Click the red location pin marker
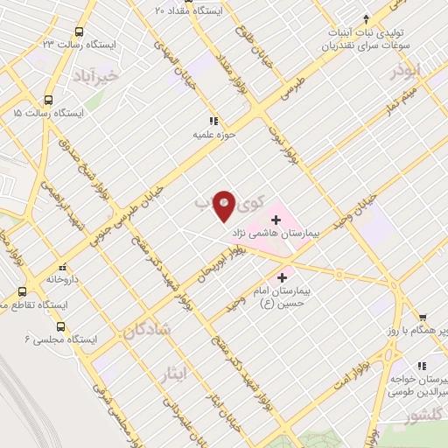coord(225,205)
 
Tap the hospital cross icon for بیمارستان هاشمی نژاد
coord(276,219)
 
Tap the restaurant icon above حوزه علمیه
coord(213,121)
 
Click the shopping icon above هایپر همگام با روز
coord(423,318)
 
